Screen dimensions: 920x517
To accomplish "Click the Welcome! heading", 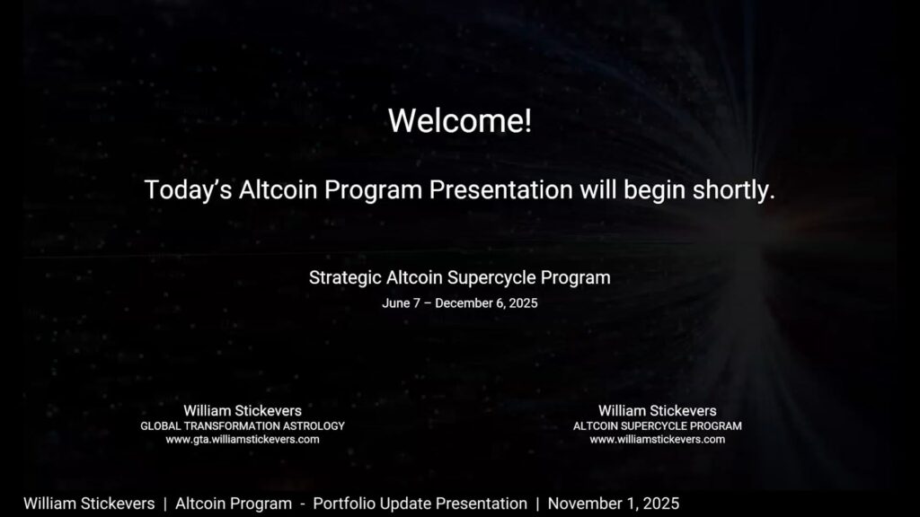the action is [x=460, y=121].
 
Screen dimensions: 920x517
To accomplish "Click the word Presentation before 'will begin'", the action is [x=500, y=190].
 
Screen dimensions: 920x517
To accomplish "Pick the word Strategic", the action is [x=345, y=278].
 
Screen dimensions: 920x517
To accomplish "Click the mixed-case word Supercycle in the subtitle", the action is [x=491, y=278].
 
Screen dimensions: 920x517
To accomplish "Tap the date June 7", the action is [x=402, y=303].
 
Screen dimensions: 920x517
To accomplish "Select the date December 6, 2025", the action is [x=486, y=303].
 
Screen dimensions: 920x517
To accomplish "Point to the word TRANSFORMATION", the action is [x=232, y=426].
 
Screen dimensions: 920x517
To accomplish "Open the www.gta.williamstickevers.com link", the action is [x=243, y=440].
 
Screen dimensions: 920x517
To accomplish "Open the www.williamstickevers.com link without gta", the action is [x=657, y=440].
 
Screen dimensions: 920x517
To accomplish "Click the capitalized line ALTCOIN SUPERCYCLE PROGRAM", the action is [x=657, y=426].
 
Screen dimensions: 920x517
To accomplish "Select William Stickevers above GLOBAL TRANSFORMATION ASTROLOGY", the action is [x=243, y=411].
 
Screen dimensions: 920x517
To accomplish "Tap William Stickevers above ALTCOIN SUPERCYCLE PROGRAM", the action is [x=657, y=411].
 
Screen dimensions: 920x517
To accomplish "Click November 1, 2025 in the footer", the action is [x=613, y=504].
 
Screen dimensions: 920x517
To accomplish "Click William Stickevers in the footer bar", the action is [x=89, y=504].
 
